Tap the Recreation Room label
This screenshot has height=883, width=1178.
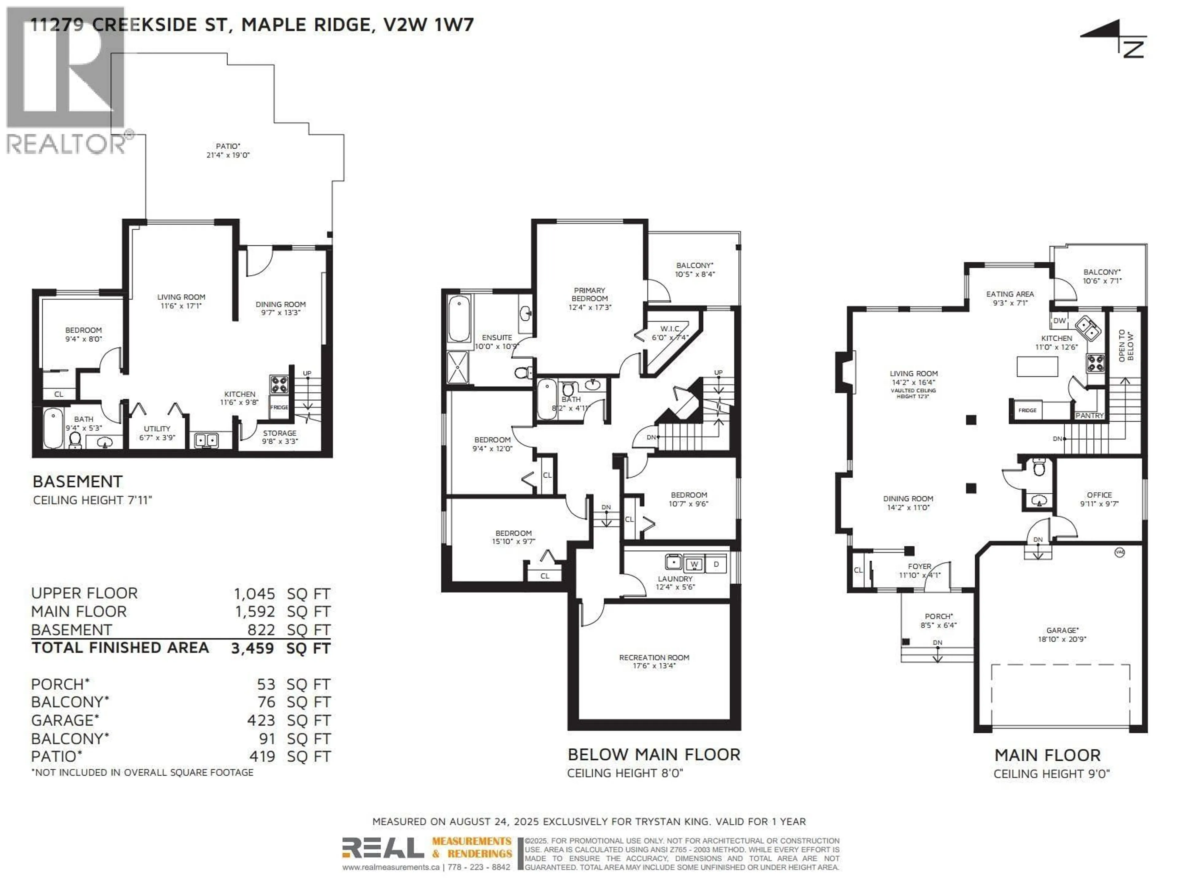coord(654,657)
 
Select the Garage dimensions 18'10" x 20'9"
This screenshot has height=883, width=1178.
coord(1062,639)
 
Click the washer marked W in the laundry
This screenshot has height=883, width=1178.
coord(694,564)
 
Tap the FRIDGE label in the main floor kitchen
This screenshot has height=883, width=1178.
coord(1027,410)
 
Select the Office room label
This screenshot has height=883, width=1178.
coord(1099,495)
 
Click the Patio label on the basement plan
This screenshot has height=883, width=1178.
coord(228,146)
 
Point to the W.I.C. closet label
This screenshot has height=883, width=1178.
coord(670,329)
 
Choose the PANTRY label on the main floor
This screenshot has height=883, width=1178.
coord(1089,415)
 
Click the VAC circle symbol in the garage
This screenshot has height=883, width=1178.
coord(1119,552)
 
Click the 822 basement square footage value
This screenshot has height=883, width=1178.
coord(261,630)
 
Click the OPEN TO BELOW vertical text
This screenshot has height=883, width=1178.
coord(1126,346)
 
